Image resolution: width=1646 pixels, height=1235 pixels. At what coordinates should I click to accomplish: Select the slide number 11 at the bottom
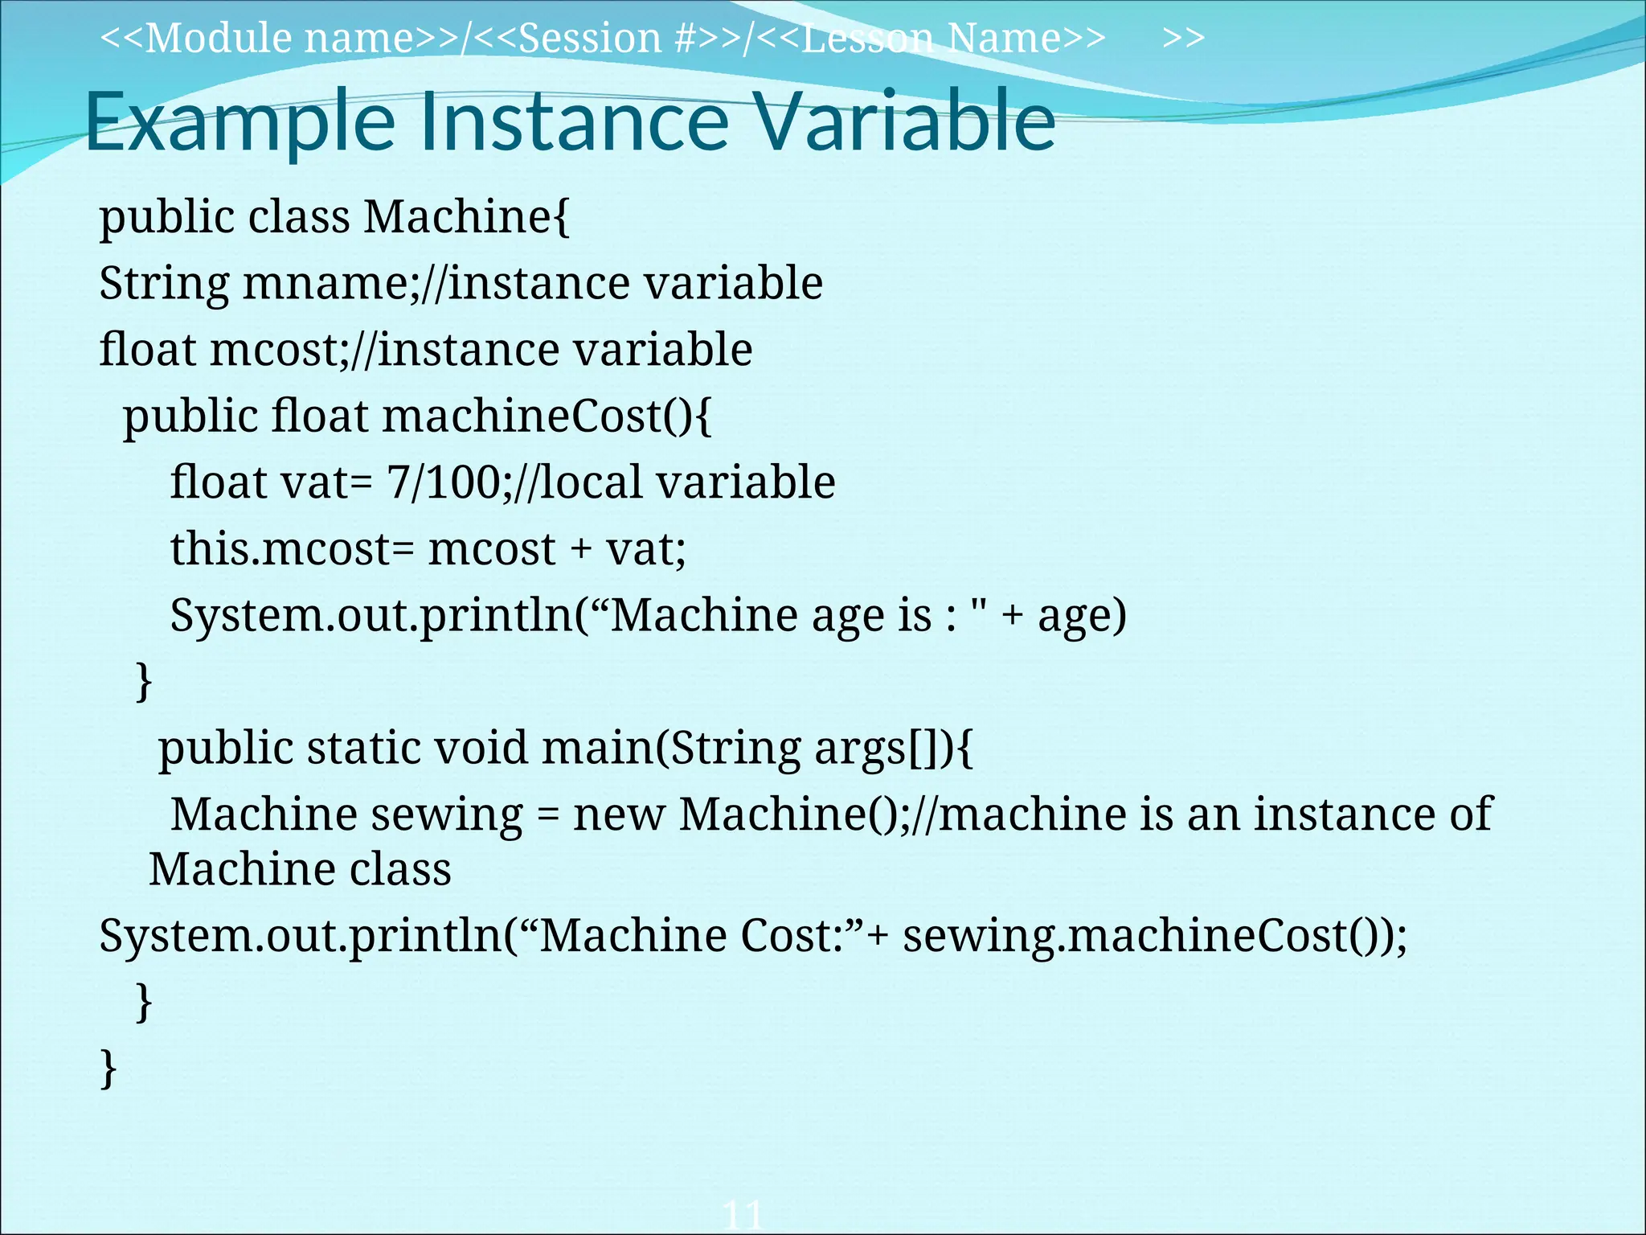[742, 1214]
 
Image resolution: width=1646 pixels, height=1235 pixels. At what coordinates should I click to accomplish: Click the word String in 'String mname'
[164, 285]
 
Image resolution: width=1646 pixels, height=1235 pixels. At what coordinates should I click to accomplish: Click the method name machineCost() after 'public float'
[547, 417]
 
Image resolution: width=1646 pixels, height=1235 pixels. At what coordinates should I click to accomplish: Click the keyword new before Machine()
[618, 815]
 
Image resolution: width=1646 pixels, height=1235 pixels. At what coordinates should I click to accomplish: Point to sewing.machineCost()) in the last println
[1154, 937]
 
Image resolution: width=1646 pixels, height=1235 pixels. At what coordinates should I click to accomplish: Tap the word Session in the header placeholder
[590, 39]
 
